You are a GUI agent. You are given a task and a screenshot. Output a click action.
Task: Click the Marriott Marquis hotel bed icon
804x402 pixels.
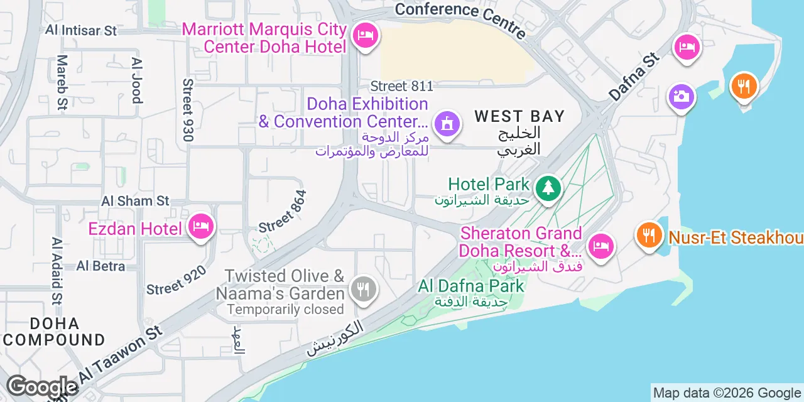[365, 35]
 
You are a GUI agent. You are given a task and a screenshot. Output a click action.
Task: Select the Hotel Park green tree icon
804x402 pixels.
[548, 187]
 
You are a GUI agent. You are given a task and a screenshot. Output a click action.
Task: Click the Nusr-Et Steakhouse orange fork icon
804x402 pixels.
[649, 236]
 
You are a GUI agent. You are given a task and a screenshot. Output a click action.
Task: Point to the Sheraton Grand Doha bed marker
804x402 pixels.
[600, 245]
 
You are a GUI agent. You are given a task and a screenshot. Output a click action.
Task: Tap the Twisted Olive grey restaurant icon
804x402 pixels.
[364, 289]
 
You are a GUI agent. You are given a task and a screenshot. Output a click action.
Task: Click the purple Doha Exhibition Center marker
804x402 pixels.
[447, 122]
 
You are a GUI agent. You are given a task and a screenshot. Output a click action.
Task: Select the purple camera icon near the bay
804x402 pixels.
[681, 97]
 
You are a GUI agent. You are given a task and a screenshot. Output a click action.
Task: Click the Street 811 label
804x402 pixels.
[402, 86]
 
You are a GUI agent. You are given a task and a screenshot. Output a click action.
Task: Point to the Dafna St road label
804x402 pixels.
[634, 77]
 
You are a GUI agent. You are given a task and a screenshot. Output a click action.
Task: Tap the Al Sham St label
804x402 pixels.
[136, 201]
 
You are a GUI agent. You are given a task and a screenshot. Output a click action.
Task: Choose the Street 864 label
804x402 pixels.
[283, 212]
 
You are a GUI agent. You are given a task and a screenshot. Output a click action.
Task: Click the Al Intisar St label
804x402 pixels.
[82, 30]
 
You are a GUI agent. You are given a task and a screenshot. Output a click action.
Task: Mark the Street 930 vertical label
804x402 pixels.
[188, 110]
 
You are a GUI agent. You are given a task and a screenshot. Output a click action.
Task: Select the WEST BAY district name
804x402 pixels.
[519, 116]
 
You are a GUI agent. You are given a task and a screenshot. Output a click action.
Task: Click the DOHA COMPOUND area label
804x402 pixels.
[54, 332]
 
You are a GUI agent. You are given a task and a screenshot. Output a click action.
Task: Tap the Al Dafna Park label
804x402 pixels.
[471, 286]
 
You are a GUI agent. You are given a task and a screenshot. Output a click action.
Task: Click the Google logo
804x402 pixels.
[42, 386]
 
